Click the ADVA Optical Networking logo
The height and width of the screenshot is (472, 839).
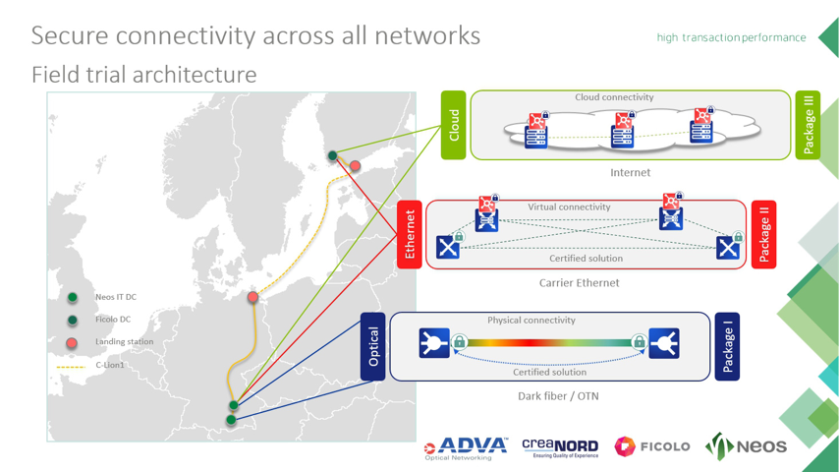click(x=466, y=447)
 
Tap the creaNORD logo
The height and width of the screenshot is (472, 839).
click(x=560, y=447)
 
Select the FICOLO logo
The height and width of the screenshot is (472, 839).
click(x=652, y=446)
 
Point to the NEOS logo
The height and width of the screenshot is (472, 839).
click(x=747, y=446)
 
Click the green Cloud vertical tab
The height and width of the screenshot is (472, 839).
click(x=453, y=125)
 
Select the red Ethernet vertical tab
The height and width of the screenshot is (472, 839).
click(x=410, y=234)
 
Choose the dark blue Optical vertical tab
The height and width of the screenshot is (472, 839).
click(x=373, y=346)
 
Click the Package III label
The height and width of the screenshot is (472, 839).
click(x=808, y=125)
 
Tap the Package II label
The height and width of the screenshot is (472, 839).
click(x=764, y=234)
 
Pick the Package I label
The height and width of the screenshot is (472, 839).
click(x=727, y=346)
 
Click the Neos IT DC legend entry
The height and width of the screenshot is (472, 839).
click(x=115, y=297)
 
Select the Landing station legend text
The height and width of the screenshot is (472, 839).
click(x=124, y=342)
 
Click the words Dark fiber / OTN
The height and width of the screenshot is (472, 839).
click(x=558, y=396)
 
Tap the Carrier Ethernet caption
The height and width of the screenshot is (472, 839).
click(x=579, y=283)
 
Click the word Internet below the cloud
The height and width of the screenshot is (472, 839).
click(x=630, y=173)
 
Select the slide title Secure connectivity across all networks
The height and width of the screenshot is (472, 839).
click(x=255, y=35)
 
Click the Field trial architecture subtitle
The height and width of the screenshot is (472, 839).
click(x=143, y=74)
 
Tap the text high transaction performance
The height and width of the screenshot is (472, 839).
click(x=731, y=37)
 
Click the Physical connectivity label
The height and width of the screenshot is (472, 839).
click(x=531, y=321)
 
